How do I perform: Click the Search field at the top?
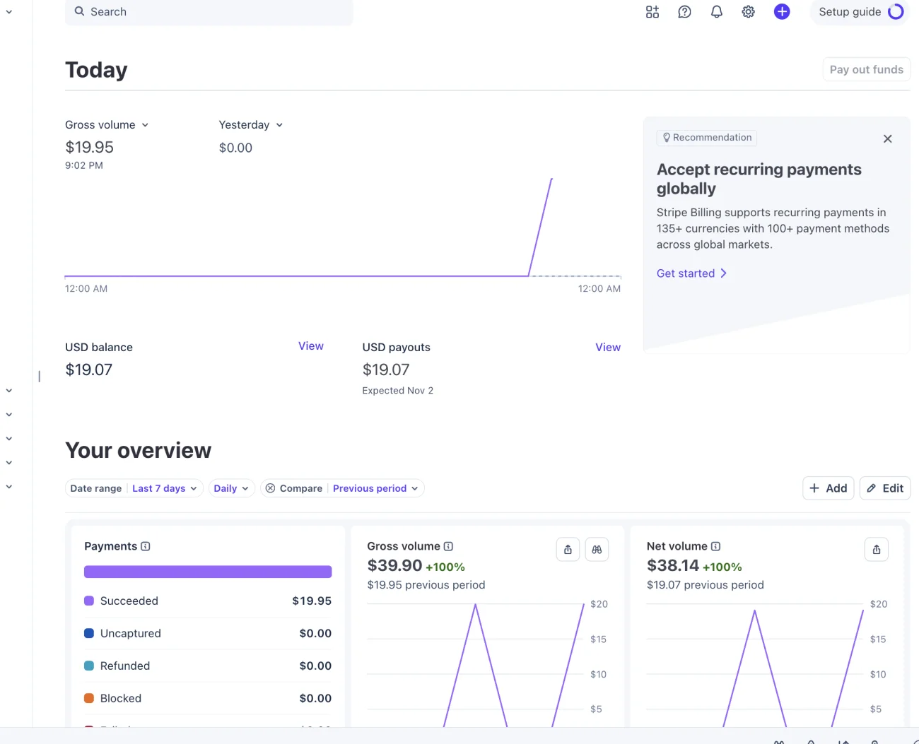(209, 11)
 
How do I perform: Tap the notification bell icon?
(716, 11)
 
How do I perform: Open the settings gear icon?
(748, 11)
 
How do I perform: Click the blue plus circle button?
(781, 11)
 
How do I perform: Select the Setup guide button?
(860, 11)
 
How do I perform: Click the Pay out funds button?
(867, 69)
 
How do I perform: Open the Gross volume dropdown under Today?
(107, 124)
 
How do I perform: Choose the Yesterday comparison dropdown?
(251, 124)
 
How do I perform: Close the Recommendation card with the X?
(887, 138)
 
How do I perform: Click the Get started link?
(691, 273)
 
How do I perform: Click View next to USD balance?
(310, 346)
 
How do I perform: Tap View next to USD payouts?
(608, 347)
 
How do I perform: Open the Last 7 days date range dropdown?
(165, 488)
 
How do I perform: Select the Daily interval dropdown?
(231, 488)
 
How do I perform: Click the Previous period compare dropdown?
(375, 488)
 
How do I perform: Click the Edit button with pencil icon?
(885, 488)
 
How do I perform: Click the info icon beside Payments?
(146, 546)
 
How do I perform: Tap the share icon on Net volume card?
(877, 550)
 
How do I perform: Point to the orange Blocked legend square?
(89, 698)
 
